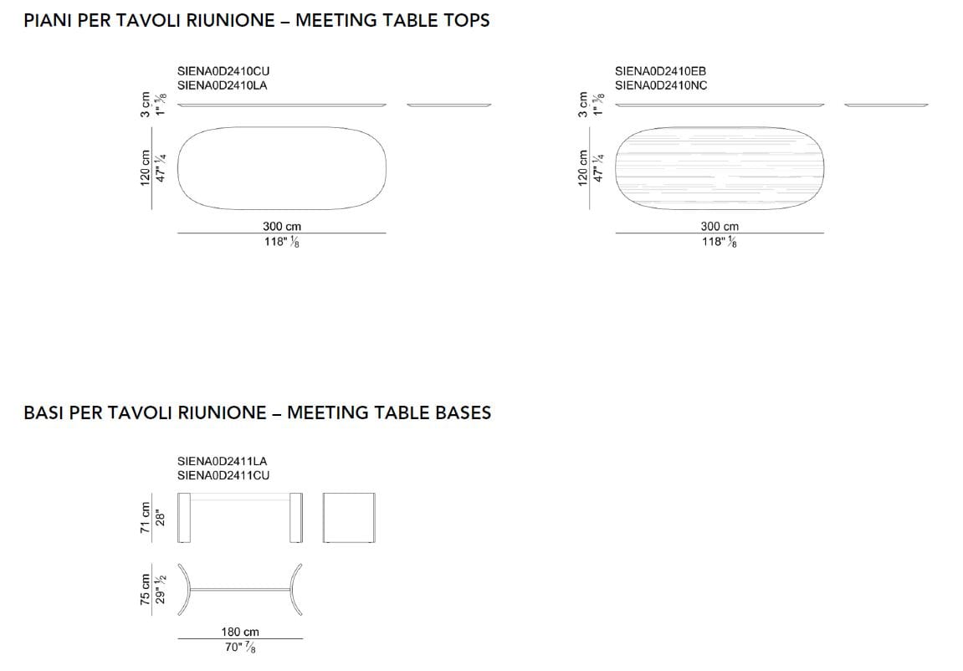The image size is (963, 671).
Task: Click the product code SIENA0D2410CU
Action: [223, 72]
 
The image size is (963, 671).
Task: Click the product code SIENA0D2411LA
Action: [222, 461]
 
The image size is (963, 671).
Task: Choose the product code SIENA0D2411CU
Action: [223, 475]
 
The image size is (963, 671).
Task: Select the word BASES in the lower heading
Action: [464, 412]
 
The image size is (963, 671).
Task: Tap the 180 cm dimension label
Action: [240, 632]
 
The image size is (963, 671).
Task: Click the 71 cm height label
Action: [146, 518]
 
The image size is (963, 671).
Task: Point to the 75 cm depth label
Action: [146, 589]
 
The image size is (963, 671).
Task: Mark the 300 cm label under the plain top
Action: [282, 227]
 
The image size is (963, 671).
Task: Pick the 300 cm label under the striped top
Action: [720, 227]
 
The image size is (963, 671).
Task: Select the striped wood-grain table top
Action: [719, 167]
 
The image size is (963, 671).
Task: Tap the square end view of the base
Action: [348, 518]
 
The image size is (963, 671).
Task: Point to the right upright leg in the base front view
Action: [295, 518]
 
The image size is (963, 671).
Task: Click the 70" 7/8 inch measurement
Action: [241, 648]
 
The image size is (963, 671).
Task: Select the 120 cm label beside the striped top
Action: [583, 167]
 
